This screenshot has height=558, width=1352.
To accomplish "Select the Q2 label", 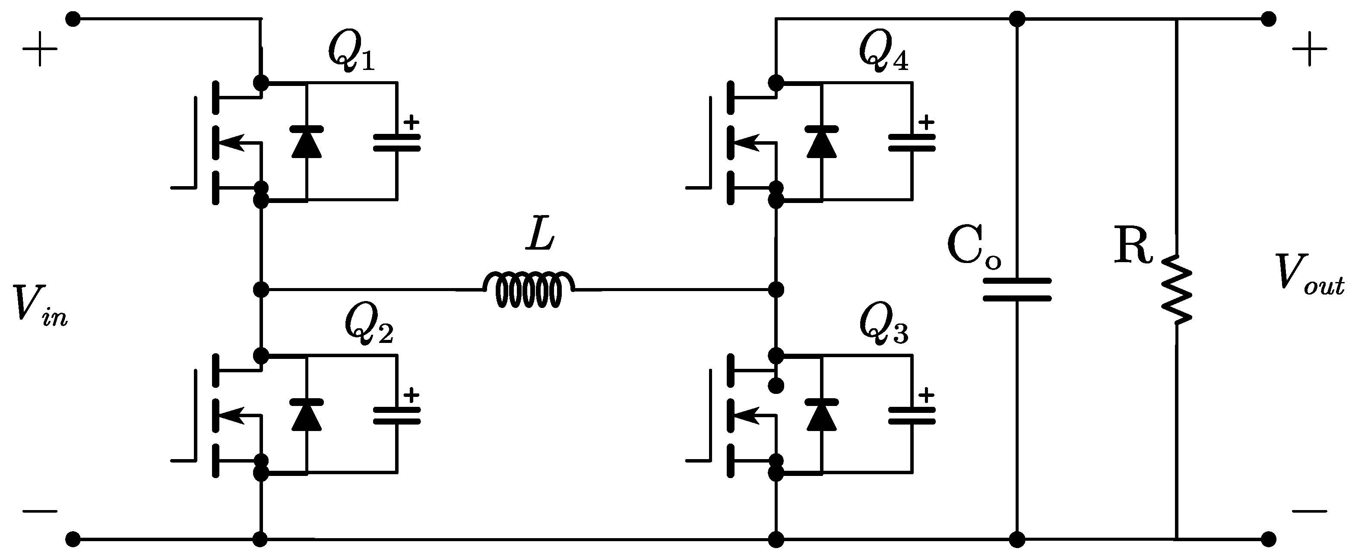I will coord(368,326).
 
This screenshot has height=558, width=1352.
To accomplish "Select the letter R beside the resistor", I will coord(1133,247).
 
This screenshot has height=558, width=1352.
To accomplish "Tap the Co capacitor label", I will coord(974,247).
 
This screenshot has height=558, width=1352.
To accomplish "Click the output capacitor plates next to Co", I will coord(1016,290).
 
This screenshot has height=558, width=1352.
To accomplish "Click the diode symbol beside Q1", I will coord(307,142).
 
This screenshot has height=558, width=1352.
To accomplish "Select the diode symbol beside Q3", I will coord(821,415).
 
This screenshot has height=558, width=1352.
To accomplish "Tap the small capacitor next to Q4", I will coord(912,142).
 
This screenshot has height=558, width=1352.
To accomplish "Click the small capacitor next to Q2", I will coord(397,415).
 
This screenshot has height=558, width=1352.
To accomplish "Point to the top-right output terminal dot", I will coord(1269,19).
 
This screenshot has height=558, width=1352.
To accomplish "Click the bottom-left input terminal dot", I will coord(73,539).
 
